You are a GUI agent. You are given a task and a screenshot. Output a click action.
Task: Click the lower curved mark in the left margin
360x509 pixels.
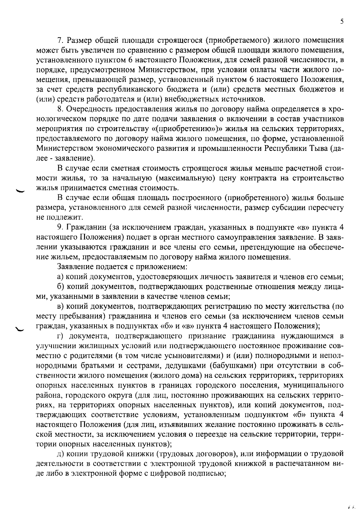pyautogui.click(x=21, y=328)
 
